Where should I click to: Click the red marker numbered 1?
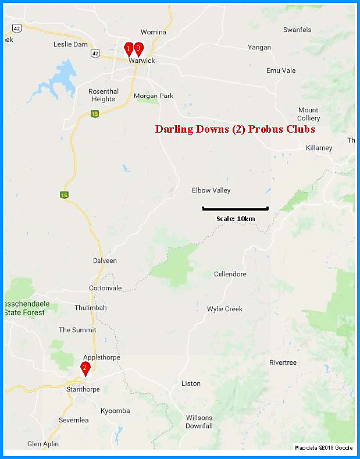[129, 48]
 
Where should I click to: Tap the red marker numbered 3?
[138, 48]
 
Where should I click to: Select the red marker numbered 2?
[85, 368]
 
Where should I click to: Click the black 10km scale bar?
[235, 208]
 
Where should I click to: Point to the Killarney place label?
[319, 148]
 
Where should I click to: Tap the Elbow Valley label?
[211, 190]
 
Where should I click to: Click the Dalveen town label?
[105, 261]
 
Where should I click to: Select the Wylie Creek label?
[224, 309]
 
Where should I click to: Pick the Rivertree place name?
[283, 362]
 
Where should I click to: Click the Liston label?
[191, 383]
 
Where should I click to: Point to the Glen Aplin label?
[43, 444]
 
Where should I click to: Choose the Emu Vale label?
[281, 70]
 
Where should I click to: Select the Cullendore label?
[230, 274]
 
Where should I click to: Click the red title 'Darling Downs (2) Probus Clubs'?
[234, 129]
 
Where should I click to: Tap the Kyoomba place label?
[115, 411]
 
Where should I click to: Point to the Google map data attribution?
[323, 447]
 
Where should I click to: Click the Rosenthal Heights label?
[104, 95]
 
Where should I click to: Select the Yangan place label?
[259, 47]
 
